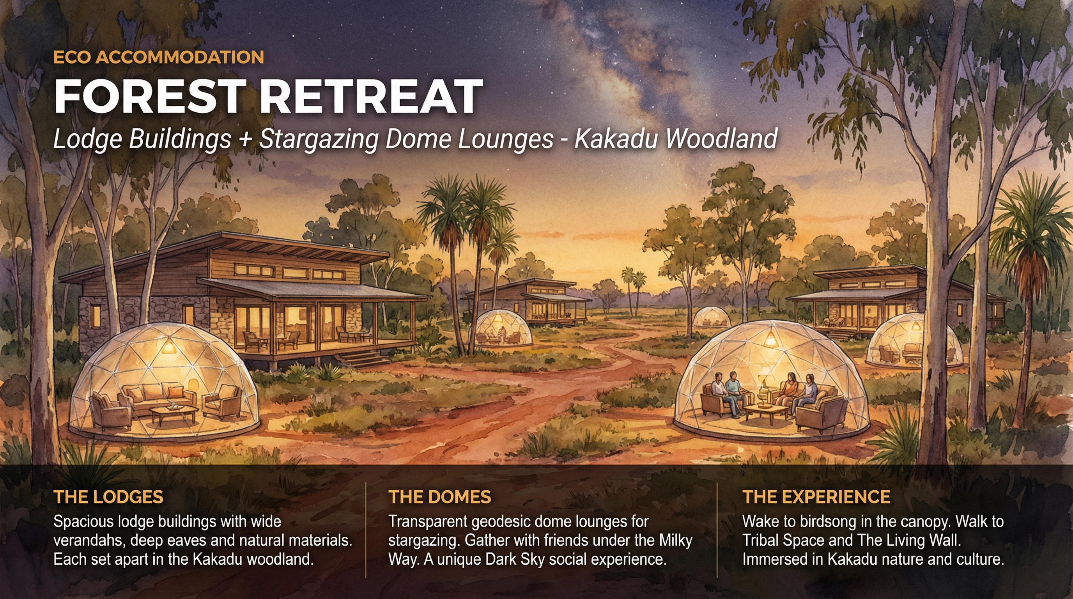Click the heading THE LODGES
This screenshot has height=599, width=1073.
tap(108, 497)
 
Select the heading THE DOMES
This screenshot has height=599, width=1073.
tap(439, 497)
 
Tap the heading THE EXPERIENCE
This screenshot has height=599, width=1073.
tap(816, 497)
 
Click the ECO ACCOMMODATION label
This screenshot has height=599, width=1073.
tap(158, 57)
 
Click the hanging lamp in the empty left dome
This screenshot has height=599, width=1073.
tap(169, 347)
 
